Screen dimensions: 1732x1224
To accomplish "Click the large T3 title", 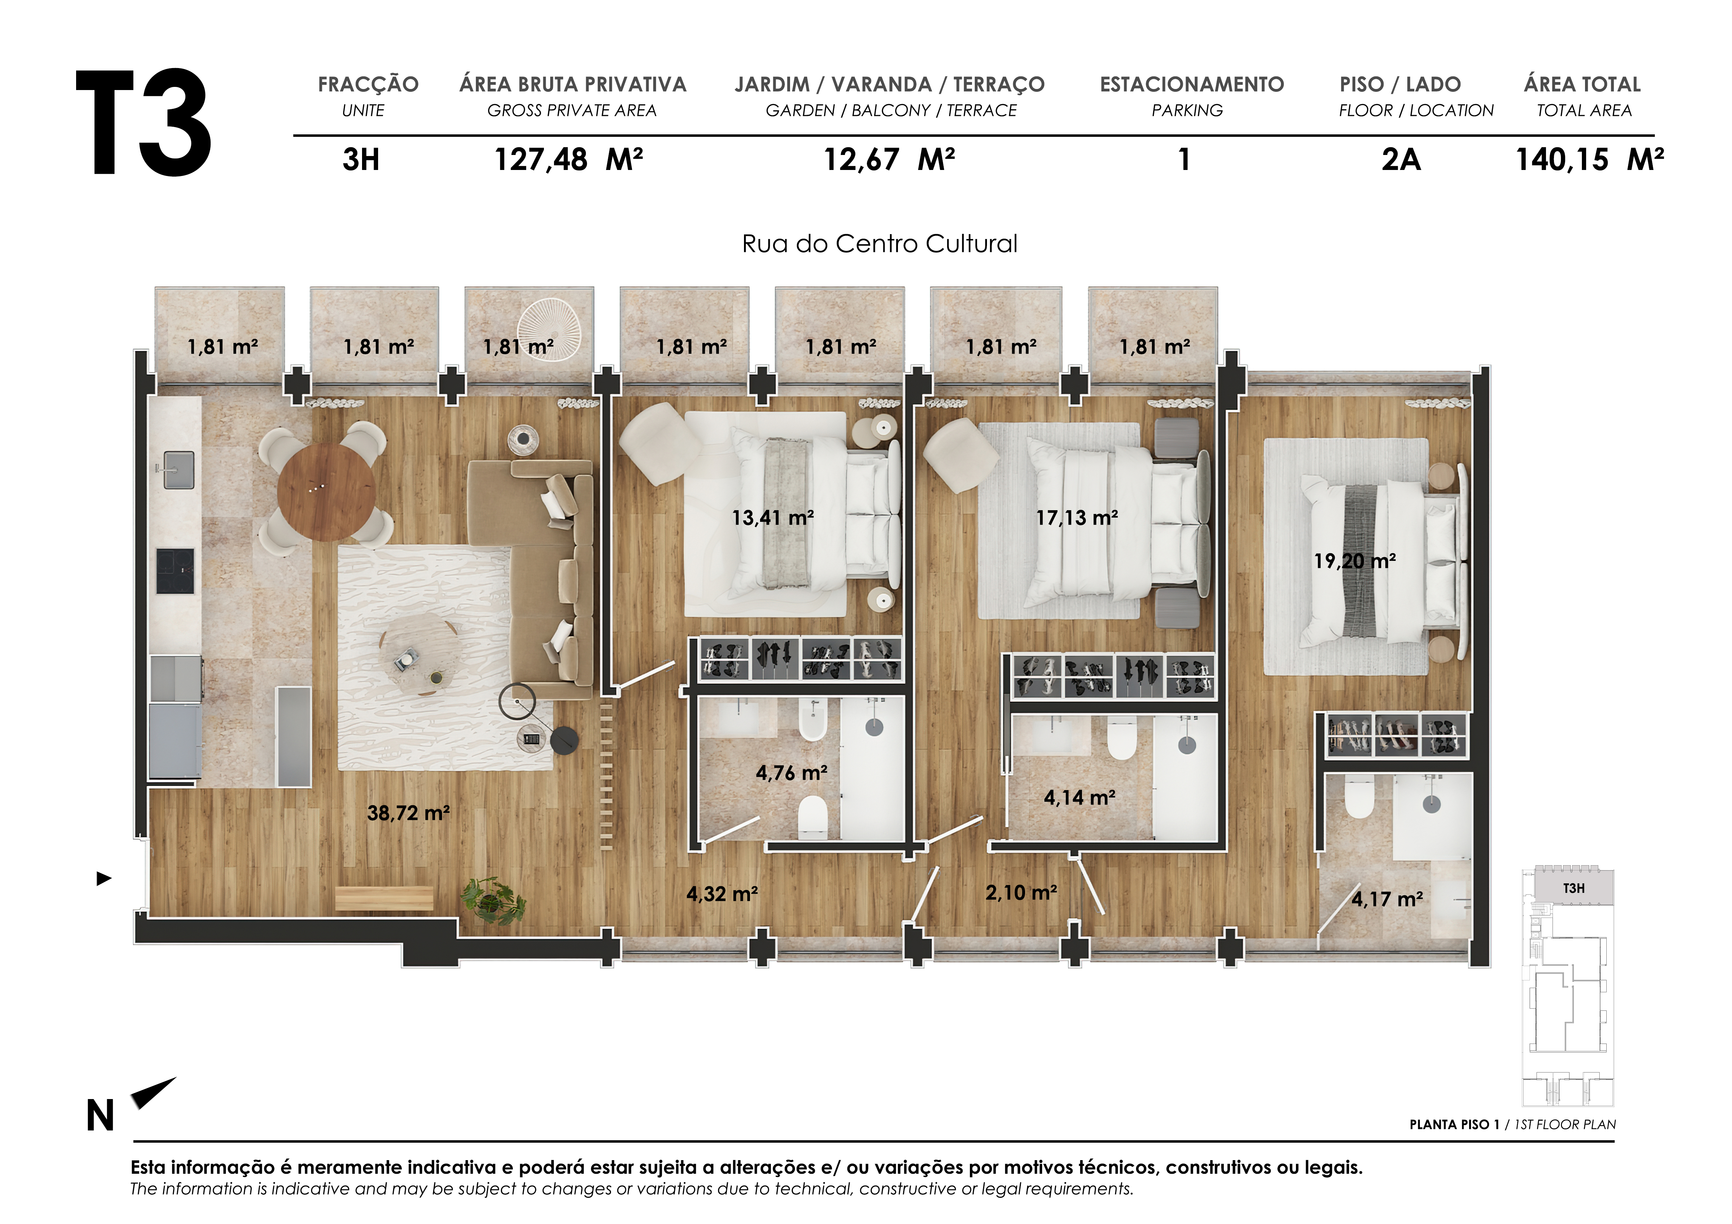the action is click(143, 123).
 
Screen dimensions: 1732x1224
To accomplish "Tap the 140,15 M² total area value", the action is click(1590, 160).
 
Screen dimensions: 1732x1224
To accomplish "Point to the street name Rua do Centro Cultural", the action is click(879, 244).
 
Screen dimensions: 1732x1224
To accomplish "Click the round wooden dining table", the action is click(326, 491).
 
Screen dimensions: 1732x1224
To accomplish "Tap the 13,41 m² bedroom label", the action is click(773, 517).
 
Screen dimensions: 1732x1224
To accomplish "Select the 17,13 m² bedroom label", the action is click(1076, 517).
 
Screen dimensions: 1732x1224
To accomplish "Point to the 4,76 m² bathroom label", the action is click(791, 773).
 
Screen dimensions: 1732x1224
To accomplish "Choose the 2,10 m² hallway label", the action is click(1020, 893).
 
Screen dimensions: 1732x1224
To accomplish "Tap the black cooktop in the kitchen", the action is click(175, 571).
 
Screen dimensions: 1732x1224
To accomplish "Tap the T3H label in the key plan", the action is click(1573, 888).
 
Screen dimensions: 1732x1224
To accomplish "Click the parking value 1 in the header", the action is click(1184, 160).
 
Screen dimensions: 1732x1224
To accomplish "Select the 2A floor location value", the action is click(1401, 160).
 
